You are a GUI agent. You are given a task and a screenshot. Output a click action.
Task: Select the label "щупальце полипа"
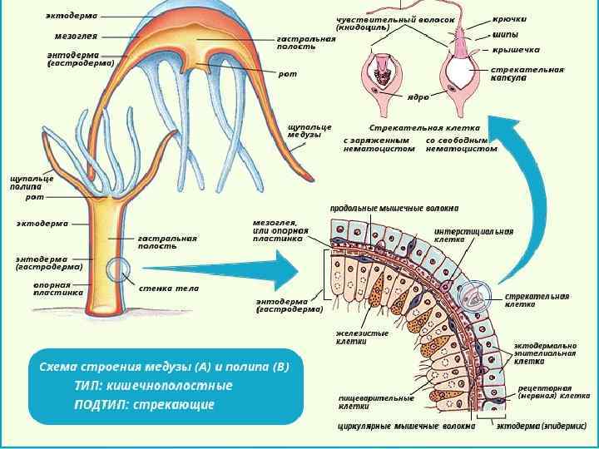point(32,183)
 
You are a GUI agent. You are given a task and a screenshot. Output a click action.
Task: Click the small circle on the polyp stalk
point(117,270)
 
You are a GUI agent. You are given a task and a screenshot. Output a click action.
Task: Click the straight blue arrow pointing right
point(225,269)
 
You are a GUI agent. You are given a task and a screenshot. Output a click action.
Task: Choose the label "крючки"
point(509,18)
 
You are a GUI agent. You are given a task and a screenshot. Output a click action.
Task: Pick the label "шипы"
point(505,34)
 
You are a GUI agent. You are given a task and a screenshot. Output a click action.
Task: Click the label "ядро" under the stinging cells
point(418,97)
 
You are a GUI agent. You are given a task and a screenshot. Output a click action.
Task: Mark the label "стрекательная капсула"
point(527,74)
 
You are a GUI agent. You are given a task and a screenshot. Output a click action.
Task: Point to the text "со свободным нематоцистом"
point(461,145)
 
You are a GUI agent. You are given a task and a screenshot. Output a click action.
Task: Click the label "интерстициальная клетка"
point(473,234)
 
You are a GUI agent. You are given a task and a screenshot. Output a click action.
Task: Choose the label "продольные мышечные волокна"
point(394,208)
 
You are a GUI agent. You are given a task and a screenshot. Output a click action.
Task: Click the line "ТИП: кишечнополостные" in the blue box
point(153,386)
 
